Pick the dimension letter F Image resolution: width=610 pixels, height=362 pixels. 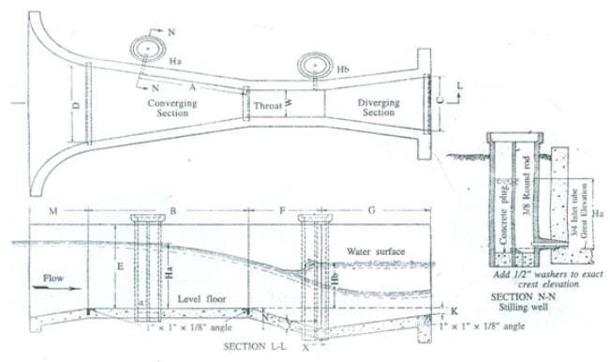(x=282, y=211)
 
